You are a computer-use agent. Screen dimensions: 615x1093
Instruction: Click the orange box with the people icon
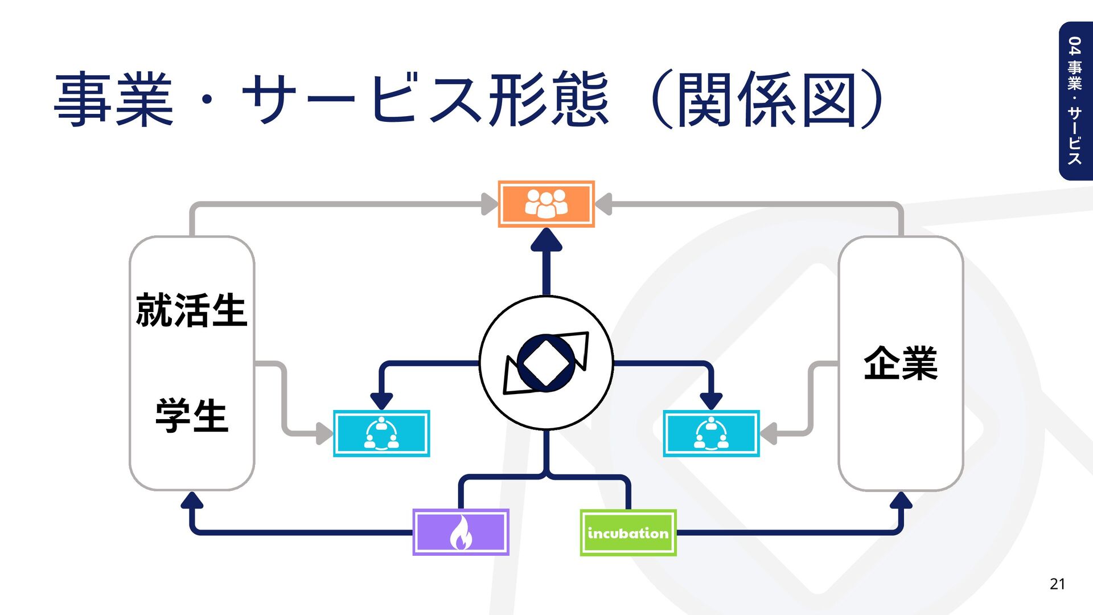[546, 204]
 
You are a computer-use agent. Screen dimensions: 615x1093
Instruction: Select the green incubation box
[628, 533]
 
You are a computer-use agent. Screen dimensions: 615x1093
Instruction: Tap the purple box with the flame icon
[461, 532]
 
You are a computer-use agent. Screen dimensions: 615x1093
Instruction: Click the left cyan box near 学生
[381, 433]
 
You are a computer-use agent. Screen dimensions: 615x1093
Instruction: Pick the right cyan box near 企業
[711, 433]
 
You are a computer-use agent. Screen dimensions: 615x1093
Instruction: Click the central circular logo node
[546, 363]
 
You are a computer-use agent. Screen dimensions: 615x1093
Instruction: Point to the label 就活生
[191, 310]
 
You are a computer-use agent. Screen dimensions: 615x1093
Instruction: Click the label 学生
[191, 416]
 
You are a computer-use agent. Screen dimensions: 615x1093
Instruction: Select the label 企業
[900, 363]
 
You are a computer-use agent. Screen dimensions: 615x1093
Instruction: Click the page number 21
[1057, 584]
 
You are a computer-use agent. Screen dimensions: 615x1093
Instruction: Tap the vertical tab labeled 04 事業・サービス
[1075, 101]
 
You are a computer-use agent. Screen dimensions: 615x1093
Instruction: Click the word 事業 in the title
[114, 100]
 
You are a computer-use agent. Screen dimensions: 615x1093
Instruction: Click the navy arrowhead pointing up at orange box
[546, 240]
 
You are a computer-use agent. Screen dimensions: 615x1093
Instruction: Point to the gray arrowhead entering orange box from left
[489, 204]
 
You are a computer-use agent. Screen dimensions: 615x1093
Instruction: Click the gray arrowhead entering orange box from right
[603, 204]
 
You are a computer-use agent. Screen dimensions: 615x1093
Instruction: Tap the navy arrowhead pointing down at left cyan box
[381, 400]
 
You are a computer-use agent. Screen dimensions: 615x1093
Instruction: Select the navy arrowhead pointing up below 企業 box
[901, 501]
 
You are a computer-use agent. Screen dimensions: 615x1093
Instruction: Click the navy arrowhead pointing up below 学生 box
[192, 501]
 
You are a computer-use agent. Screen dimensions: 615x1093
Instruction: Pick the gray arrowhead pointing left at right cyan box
[769, 433]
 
